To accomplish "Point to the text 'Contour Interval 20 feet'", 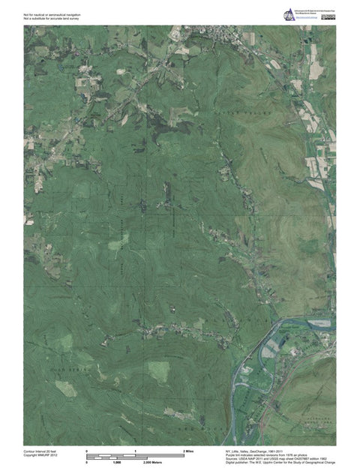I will pos(40,451).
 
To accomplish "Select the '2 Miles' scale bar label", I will pos(190,451).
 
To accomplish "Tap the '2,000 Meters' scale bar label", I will pos(153,463).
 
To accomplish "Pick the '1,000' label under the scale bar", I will pos(117,463).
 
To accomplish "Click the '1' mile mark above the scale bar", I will pos(136,451).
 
